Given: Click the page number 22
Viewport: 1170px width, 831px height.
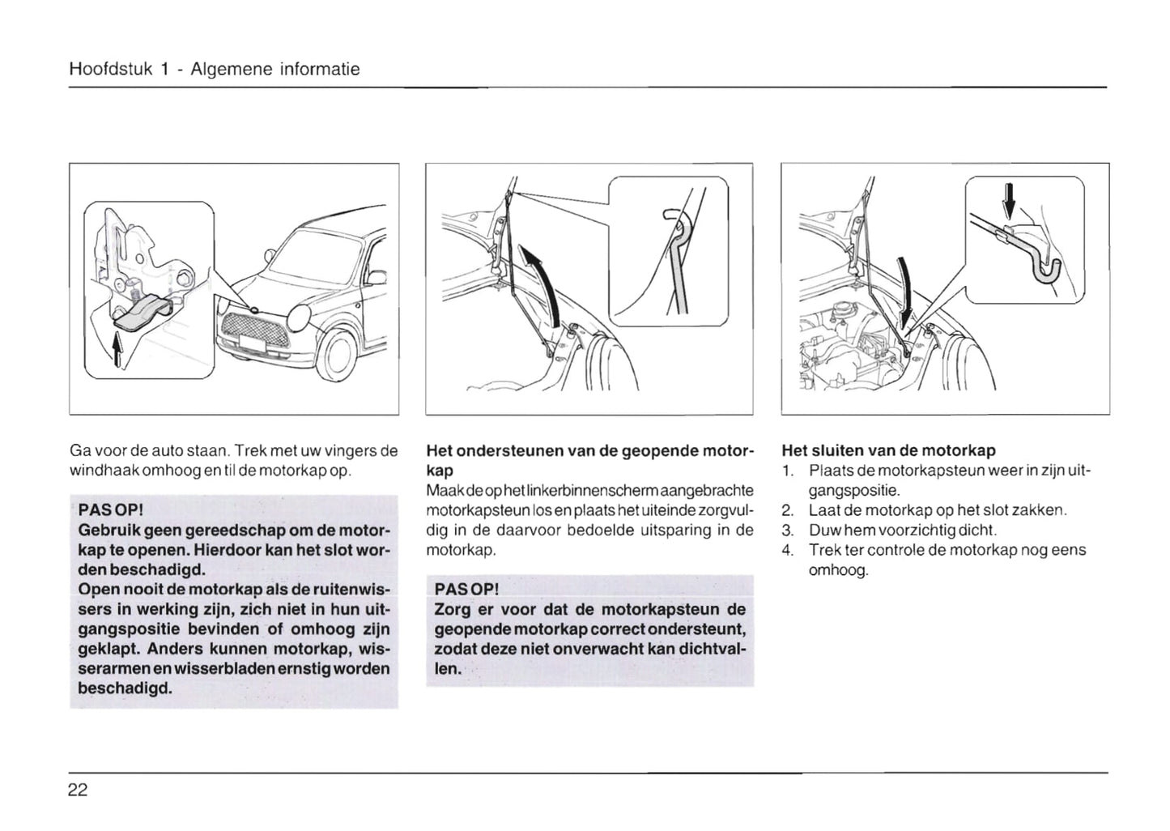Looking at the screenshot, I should tap(78, 791).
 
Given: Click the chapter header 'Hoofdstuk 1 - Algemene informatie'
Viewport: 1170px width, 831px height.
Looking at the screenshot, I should tap(215, 70).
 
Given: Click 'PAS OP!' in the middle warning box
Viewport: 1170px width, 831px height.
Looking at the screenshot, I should tap(466, 588).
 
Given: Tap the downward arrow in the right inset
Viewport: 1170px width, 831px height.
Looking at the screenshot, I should tap(1009, 202).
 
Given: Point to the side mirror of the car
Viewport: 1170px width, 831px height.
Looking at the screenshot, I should tap(377, 279).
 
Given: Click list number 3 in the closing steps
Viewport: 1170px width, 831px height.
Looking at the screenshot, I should tap(787, 531).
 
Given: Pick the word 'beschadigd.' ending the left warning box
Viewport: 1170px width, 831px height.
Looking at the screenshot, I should tap(125, 688).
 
